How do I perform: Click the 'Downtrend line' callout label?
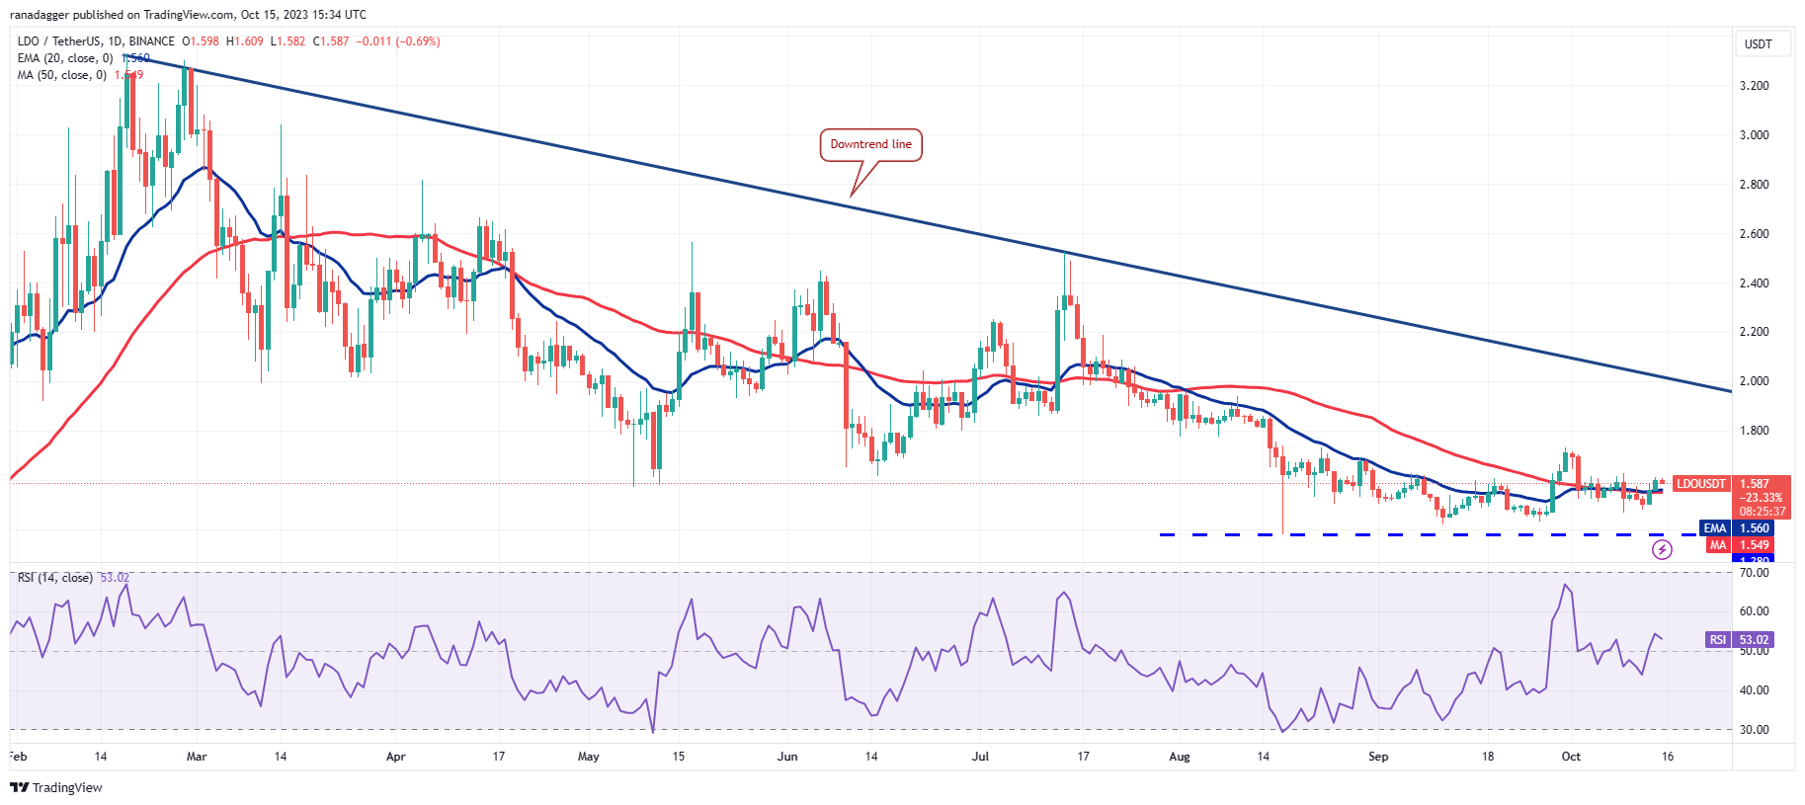tap(870, 144)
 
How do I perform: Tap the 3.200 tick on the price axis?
tap(1754, 86)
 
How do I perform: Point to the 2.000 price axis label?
tap(1754, 381)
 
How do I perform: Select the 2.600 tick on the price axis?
tap(1754, 234)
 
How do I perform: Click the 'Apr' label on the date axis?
tap(395, 757)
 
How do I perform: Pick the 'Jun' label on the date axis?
tap(787, 757)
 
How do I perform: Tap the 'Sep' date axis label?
tap(1378, 757)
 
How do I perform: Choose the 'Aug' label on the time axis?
tap(1180, 757)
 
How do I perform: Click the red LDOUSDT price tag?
tap(1701, 484)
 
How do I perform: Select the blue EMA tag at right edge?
tap(1714, 528)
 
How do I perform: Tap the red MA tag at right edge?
tap(1718, 545)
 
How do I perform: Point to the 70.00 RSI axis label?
tap(1754, 573)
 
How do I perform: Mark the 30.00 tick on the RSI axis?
tap(1754, 730)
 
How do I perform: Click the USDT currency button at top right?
tap(1759, 44)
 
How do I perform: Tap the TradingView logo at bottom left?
tap(56, 787)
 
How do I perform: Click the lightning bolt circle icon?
tap(1663, 550)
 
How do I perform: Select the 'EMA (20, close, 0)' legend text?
tap(65, 58)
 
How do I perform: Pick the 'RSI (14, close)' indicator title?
tap(55, 578)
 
